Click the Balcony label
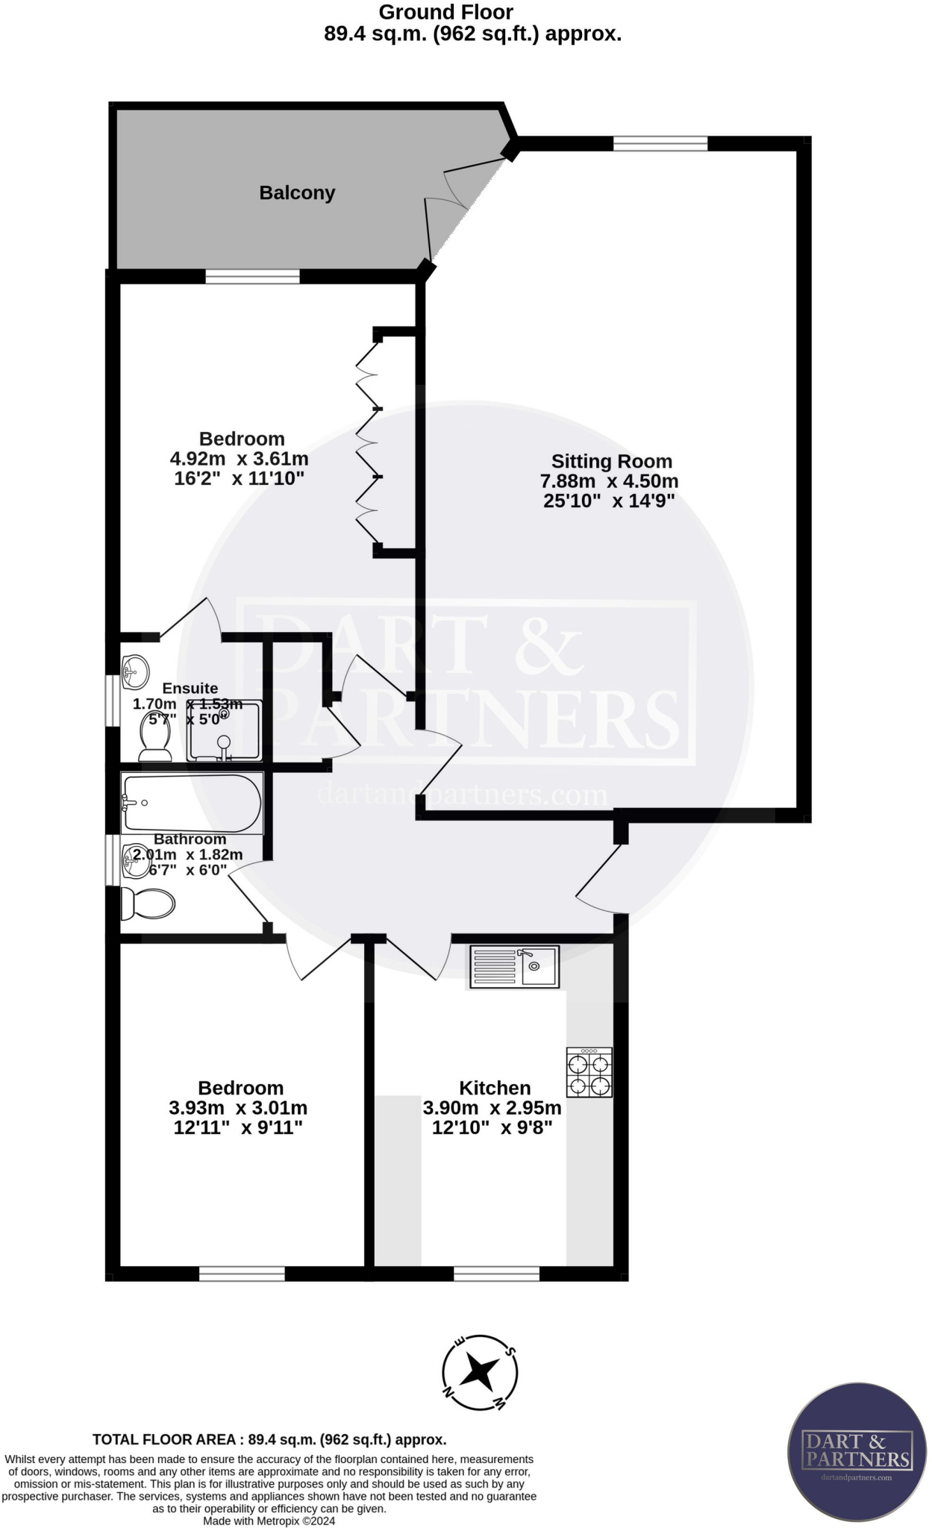click(x=297, y=192)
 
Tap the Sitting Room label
click(x=611, y=462)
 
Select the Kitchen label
click(x=495, y=1088)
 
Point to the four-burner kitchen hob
click(x=589, y=1072)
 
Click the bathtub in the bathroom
click(x=193, y=804)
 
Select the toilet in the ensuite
click(x=155, y=736)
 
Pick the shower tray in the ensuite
click(x=224, y=730)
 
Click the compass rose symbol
click(x=480, y=1371)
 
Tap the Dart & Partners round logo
click(x=857, y=1450)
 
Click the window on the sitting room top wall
click(x=660, y=143)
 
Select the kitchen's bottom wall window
click(x=496, y=1273)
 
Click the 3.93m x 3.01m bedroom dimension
click(x=238, y=1108)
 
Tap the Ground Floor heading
click(x=446, y=12)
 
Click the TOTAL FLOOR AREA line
click(x=269, y=1439)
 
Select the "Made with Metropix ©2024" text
click(x=269, y=1521)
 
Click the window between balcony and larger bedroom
click(x=252, y=277)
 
